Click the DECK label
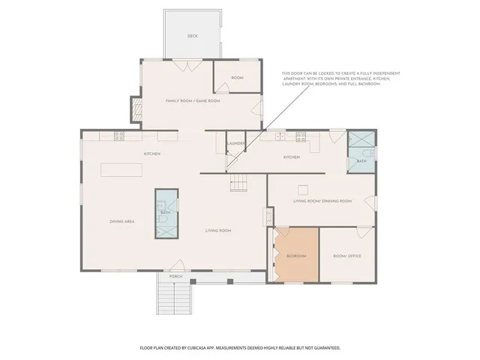coord(193,36)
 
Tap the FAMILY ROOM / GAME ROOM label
coord(193,100)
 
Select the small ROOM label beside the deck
coord(237,78)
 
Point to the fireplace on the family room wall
coord(136,110)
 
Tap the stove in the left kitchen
coord(118,136)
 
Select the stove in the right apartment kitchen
coord(301,137)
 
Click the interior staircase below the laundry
coord(238,182)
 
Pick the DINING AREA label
coord(121,221)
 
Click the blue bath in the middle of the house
coord(166,212)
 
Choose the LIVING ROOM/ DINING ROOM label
coord(322,201)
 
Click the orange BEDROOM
coord(297,255)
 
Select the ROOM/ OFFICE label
coord(347,256)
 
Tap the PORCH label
coord(175,277)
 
